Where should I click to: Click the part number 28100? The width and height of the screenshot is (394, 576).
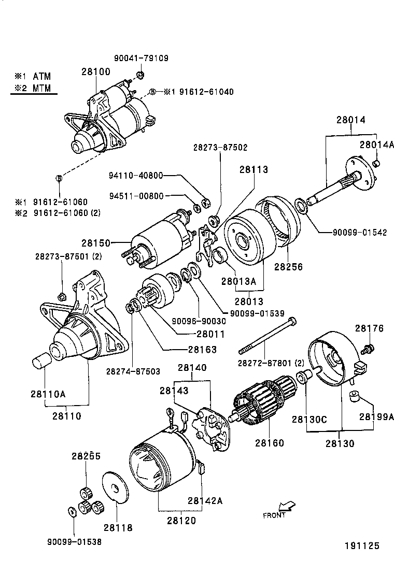click(95, 71)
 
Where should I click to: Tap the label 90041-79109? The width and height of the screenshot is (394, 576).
click(141, 59)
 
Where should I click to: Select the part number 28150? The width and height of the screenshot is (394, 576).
click(95, 242)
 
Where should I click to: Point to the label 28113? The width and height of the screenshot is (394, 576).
click(254, 169)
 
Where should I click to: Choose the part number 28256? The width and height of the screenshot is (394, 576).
click(288, 267)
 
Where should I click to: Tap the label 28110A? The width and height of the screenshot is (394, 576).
click(47, 394)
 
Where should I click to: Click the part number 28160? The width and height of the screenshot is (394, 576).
click(270, 443)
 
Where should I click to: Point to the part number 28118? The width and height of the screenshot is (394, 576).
click(118, 528)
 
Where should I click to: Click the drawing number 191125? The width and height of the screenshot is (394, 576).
click(362, 545)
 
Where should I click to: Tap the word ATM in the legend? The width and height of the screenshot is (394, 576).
click(42, 76)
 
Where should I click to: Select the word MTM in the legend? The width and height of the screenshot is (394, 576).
click(42, 88)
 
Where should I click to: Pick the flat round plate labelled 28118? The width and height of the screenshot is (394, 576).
click(116, 487)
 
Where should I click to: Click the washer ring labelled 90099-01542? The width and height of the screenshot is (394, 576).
click(300, 206)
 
